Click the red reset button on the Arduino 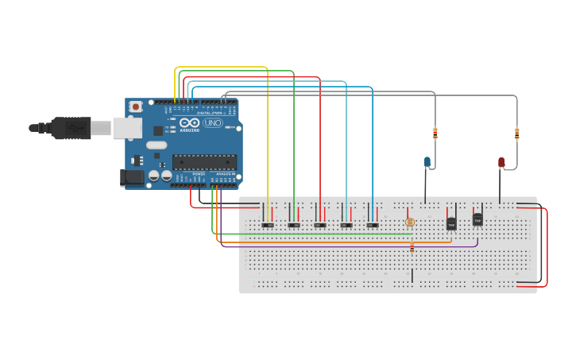point(136,106)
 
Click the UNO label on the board point(213,123)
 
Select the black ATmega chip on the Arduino point(204,162)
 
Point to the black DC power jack point(132,178)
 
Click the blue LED point(427,162)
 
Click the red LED point(501,162)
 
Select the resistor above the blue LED point(435,133)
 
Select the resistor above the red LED point(517,134)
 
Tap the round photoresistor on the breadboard point(410,223)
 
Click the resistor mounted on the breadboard point(412,247)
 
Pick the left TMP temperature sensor point(451,224)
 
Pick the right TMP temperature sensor point(477,219)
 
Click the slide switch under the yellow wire point(268,225)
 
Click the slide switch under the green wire point(294,225)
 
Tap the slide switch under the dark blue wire point(373,225)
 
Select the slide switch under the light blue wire point(346,225)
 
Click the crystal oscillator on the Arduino point(157,145)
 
